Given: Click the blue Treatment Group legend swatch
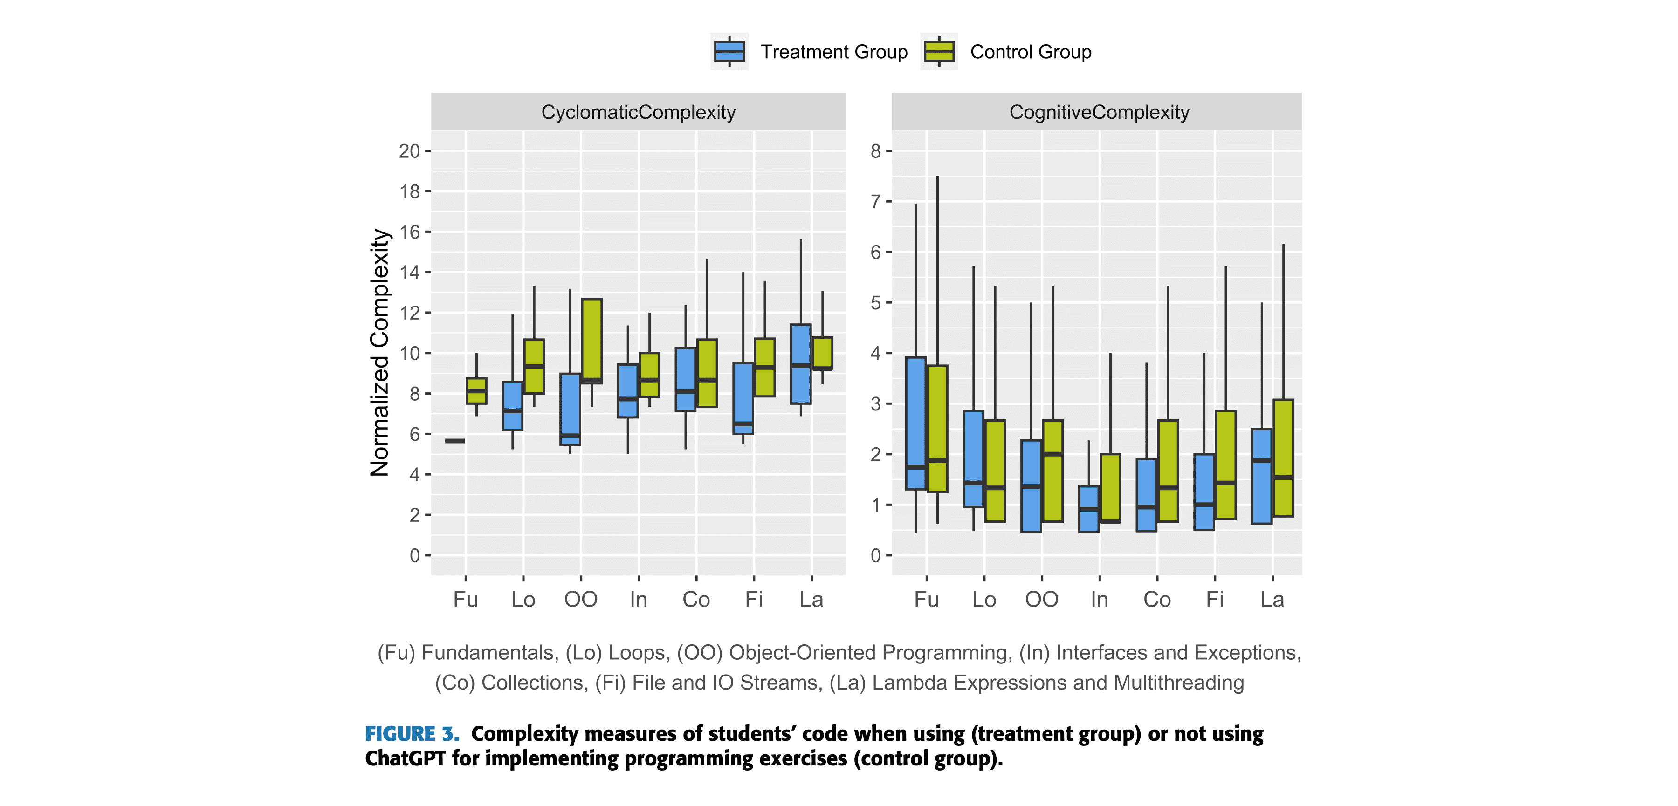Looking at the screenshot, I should click(729, 51).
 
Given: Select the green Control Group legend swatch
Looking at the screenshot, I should click(939, 51).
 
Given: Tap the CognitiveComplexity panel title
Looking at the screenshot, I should click(1099, 112).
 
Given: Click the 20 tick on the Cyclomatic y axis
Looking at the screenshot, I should click(410, 151).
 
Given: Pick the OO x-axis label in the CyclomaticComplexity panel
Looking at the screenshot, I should click(580, 599).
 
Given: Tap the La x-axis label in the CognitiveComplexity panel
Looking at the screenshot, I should click(1272, 599).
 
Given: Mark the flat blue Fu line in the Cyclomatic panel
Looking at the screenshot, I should click(454, 441).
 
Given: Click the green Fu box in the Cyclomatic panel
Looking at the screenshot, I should click(476, 390).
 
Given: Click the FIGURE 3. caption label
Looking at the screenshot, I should click(412, 734).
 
